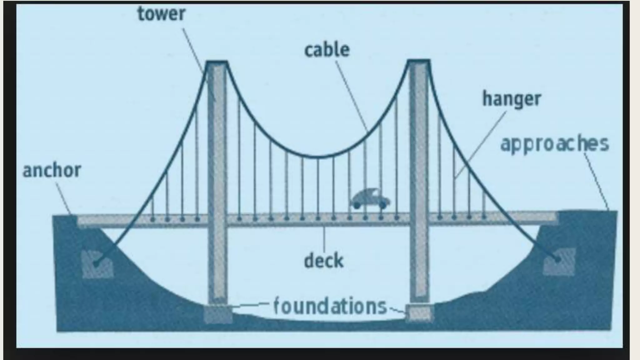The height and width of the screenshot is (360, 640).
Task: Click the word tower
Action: click(161, 14)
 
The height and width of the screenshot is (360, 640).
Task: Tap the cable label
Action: click(327, 50)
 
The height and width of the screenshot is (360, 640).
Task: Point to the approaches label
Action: click(555, 144)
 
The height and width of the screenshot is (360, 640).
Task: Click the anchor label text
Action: click(52, 171)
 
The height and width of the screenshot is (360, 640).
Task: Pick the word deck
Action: click(324, 261)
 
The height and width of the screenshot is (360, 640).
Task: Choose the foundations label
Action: click(330, 307)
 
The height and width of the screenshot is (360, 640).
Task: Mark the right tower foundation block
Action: click(419, 313)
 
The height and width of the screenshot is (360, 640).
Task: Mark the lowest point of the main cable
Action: click(319, 156)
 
